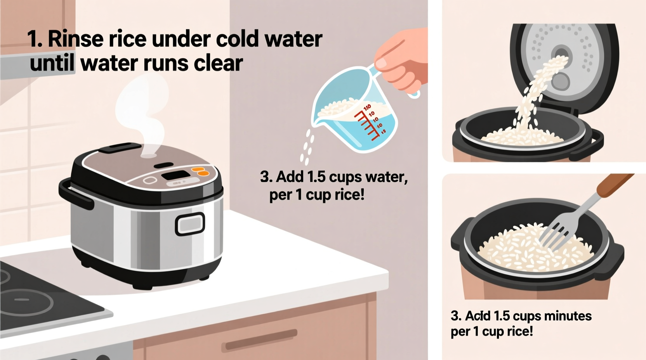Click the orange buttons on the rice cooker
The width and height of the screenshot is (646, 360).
[200, 171]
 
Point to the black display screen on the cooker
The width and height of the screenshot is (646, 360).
[175, 175]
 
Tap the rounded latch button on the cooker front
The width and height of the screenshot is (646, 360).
[190, 224]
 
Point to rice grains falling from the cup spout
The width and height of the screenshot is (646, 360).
[307, 147]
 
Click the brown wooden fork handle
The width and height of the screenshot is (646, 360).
[613, 184]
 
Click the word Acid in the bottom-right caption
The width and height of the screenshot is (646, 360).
[478, 316]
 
